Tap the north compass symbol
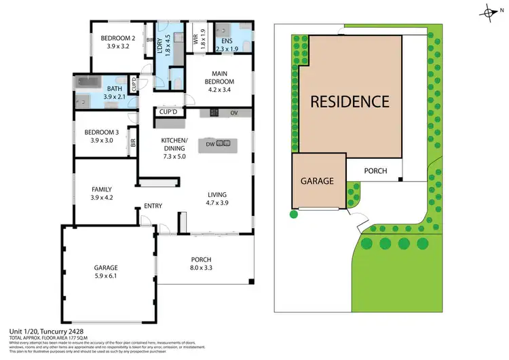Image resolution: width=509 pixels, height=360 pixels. coord(489,12)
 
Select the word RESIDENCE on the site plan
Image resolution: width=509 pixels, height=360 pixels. coord(350,102)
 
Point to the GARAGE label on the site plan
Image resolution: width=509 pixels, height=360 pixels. coord(318,181)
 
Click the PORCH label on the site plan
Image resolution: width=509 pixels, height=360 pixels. coord(375,171)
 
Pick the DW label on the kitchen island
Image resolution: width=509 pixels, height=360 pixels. coord(209,143)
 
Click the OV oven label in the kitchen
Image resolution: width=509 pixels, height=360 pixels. coord(234,113)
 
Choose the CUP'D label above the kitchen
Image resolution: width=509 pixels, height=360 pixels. coord(168,112)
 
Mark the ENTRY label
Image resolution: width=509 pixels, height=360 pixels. coord(152,206)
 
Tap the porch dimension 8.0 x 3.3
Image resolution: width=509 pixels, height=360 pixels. coord(201,268)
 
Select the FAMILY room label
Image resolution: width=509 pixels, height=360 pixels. coord(101,190)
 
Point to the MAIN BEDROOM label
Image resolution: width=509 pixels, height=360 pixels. coord(220,78)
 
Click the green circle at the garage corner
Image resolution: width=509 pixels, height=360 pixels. coord(294,215)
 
